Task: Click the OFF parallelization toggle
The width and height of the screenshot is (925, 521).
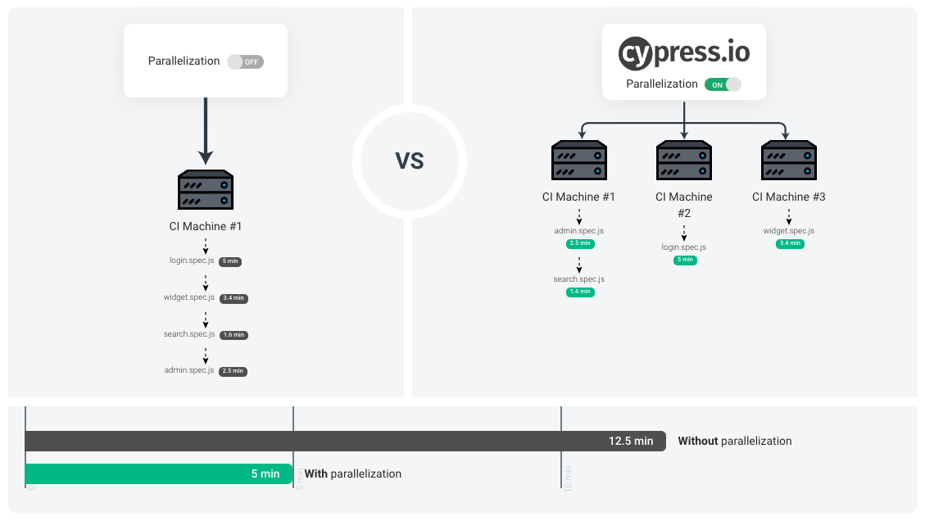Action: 245,61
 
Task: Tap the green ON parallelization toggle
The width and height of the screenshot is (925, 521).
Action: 723,84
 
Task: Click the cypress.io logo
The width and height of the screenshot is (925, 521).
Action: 683,52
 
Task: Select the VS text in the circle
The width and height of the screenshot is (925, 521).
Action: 410,161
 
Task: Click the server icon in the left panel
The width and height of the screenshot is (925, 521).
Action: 206,191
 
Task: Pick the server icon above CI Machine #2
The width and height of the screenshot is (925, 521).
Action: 684,161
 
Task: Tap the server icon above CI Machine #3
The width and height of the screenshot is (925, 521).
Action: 789,161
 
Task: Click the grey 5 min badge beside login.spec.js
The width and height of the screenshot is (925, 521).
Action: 230,261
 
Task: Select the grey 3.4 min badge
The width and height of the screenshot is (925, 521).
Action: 234,298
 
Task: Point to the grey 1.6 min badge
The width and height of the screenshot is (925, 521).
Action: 234,335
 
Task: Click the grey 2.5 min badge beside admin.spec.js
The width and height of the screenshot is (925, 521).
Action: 234,371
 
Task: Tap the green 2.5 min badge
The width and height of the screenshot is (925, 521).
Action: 580,243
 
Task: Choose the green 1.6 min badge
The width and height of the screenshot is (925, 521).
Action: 580,292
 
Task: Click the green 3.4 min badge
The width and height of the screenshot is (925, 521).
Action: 790,243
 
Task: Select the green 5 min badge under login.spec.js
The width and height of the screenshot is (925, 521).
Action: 684,260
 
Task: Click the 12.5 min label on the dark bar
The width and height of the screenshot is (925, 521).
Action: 631,441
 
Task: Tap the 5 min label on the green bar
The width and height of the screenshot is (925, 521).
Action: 265,473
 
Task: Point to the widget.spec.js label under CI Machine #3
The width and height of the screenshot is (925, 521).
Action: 789,231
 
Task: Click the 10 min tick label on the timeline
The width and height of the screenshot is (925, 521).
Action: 568,477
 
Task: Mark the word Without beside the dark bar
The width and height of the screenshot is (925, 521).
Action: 698,441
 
